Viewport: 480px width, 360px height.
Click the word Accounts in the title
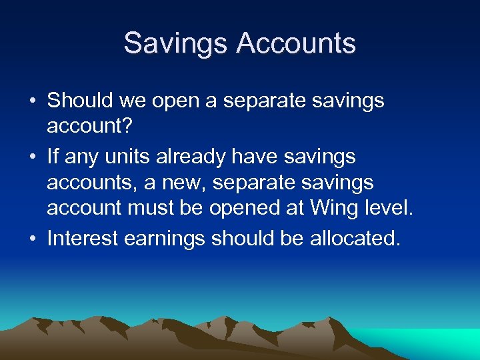pyautogui.click(x=296, y=44)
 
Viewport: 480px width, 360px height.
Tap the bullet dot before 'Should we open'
pyautogui.click(x=32, y=101)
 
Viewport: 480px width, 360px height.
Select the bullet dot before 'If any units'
pyautogui.click(x=32, y=158)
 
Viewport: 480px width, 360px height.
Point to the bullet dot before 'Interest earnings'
pyautogui.click(x=32, y=239)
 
